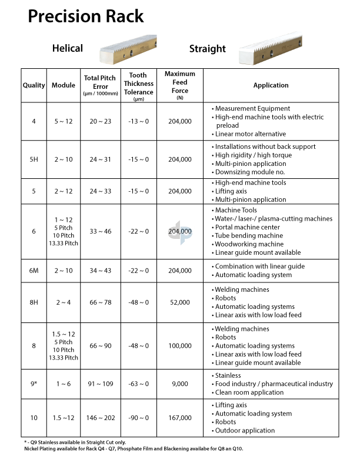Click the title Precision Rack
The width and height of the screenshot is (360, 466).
[x=86, y=16]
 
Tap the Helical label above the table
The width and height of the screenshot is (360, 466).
[x=68, y=48]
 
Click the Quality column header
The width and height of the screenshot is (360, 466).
[x=34, y=85]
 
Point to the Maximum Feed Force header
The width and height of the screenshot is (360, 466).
[x=180, y=85]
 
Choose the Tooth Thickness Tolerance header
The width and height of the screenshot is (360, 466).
[x=139, y=85]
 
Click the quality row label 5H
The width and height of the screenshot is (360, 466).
[x=34, y=159]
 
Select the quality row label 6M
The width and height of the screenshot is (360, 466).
[x=34, y=271]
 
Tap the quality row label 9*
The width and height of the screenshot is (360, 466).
[x=34, y=384]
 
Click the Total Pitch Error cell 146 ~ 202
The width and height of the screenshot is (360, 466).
[x=101, y=418]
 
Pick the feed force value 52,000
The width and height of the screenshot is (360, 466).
[x=180, y=302]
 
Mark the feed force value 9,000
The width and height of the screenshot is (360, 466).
[x=180, y=384]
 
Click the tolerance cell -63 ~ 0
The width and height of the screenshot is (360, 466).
[x=139, y=384]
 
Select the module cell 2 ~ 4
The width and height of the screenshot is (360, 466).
[x=64, y=302]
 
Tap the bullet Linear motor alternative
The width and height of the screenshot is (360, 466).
[x=251, y=134]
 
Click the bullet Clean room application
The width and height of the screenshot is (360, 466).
[x=249, y=392]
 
